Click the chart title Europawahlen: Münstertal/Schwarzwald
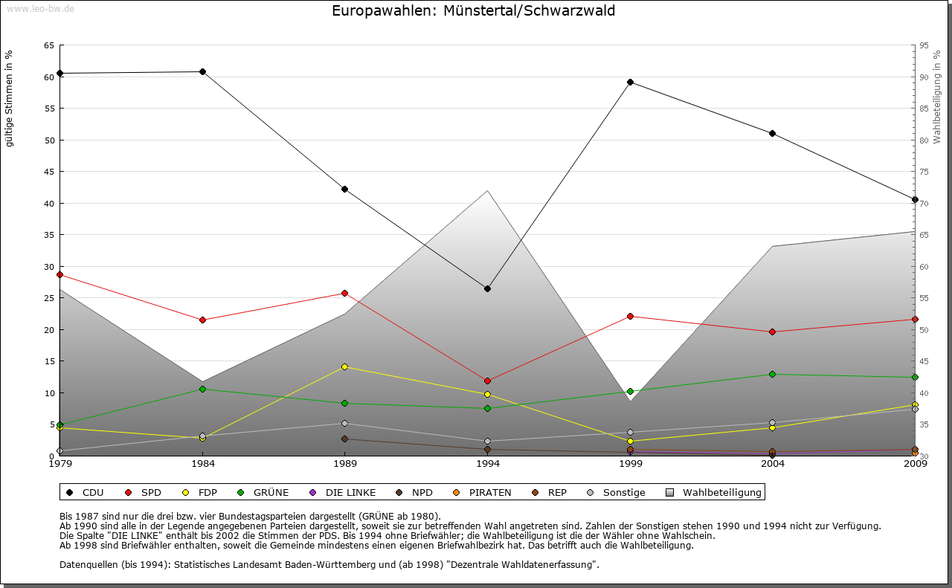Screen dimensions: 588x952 pos(474,11)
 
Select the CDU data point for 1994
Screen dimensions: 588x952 pos(488,288)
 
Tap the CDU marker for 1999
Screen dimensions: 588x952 pos(630,82)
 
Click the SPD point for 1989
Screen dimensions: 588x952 pos(344,293)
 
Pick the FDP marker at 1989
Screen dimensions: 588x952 pos(344,366)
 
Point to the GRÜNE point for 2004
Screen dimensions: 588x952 pos(772,374)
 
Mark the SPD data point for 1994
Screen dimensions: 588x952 pos(488,381)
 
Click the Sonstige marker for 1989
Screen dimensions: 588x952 pos(344,423)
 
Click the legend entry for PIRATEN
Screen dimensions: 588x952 pos(489,492)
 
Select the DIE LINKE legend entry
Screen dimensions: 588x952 pos(350,492)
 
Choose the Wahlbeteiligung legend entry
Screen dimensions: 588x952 pos(721,492)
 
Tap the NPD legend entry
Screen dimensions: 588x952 pos(422,492)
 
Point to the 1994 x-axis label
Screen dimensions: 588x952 pos(488,465)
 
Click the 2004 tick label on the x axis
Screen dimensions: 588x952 pos(772,465)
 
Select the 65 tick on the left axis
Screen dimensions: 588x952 pos(48,45)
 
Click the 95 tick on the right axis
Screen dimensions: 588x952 pos(924,45)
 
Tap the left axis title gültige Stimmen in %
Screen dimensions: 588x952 pos(10,98)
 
